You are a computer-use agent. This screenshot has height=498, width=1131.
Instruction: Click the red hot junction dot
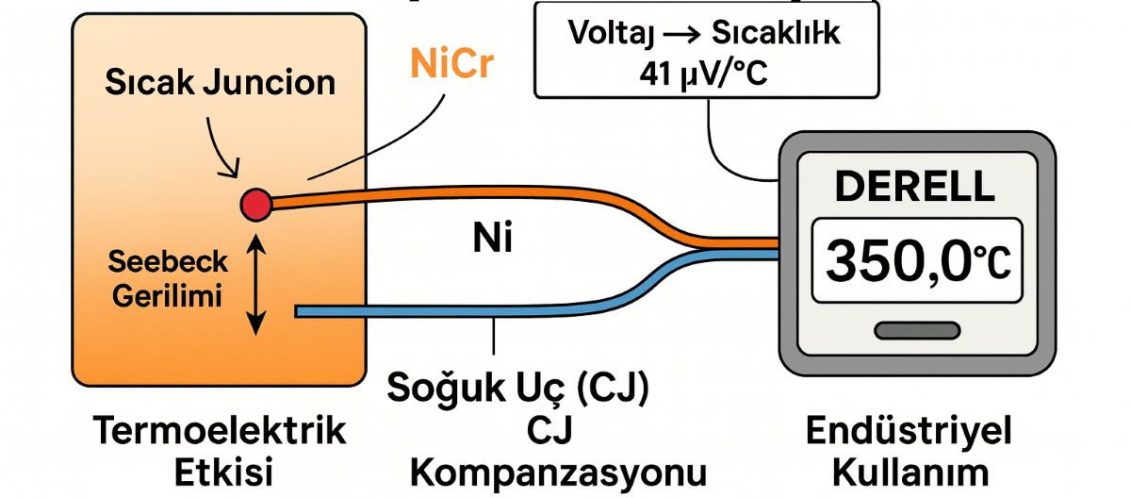pos(256,203)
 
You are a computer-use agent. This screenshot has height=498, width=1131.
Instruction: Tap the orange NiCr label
pos(451,64)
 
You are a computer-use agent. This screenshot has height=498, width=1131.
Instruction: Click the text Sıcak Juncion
pos(221,82)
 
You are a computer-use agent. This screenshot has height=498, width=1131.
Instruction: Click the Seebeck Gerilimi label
pos(167,279)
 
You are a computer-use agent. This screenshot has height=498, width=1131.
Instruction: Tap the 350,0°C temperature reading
pos(916,261)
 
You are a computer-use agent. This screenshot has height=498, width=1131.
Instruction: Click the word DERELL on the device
pos(915,187)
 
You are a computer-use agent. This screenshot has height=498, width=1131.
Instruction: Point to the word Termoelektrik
pos(220,432)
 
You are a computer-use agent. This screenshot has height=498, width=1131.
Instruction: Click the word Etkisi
pos(220,471)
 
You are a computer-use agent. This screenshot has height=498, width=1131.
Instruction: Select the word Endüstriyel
pos(909,432)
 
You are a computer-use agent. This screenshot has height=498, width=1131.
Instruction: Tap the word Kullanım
pos(909,471)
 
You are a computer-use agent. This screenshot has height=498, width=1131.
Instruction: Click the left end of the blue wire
pos(300,311)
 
